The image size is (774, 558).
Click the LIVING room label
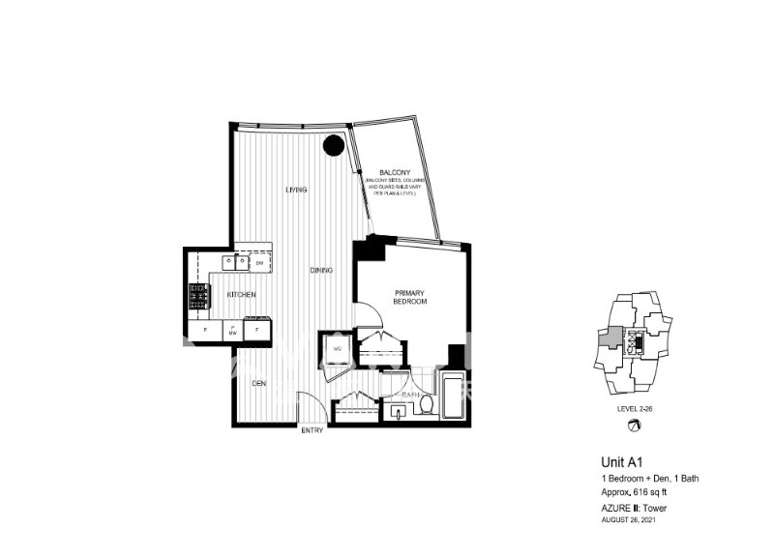(296, 190)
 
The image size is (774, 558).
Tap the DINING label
(321, 271)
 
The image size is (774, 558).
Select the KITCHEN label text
(241, 294)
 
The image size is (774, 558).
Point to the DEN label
(258, 384)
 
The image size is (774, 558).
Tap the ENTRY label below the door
(312, 430)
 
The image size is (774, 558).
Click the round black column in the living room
(333, 146)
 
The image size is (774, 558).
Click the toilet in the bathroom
(426, 406)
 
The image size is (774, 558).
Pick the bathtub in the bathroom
(454, 396)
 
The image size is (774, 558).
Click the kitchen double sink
(235, 262)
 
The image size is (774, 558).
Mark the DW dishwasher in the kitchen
(259, 263)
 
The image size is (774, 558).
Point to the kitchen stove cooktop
(198, 296)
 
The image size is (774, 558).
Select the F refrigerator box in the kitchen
(256, 331)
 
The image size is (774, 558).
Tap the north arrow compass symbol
(636, 425)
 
